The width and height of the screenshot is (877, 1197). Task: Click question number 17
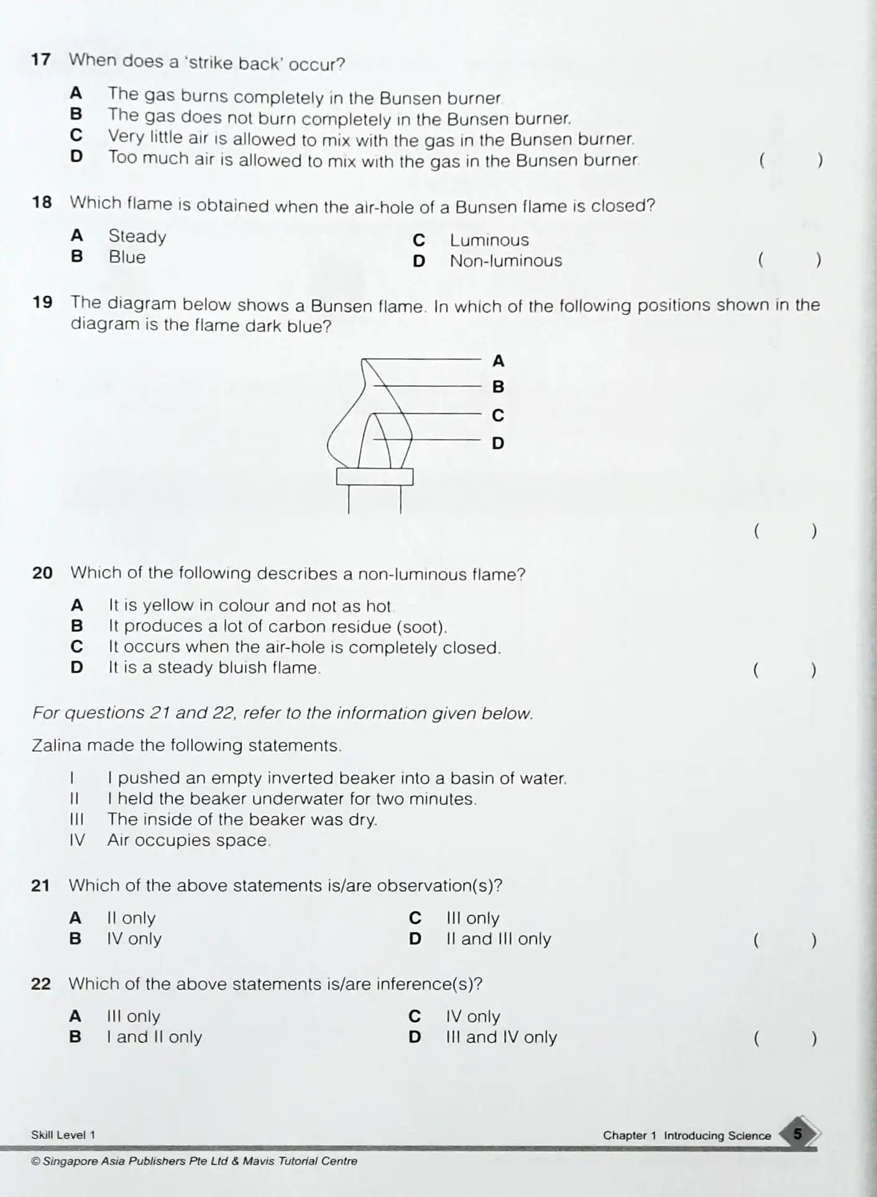coord(40,60)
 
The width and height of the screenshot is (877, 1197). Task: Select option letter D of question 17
coord(76,156)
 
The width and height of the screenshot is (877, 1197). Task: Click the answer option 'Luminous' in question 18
coord(489,240)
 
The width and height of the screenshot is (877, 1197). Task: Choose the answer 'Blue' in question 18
coord(127,257)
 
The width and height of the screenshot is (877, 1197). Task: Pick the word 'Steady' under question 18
coord(137,236)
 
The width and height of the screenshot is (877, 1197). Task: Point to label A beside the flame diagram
coord(498,361)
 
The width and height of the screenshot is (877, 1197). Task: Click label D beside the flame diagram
coord(498,443)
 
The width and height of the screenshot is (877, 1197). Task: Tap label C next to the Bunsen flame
coord(498,415)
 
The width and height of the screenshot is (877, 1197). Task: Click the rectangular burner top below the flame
coord(375,476)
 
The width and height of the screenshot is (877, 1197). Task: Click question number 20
coord(42,573)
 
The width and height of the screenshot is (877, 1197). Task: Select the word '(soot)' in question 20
coord(422,627)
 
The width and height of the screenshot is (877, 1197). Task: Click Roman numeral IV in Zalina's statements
coord(77,840)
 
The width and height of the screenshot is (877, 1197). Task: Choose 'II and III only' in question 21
coord(498,939)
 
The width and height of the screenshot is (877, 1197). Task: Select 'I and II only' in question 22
coord(154,1037)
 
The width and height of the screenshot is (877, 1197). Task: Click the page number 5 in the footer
coord(798,1134)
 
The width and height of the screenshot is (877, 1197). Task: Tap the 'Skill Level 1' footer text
coord(63,1135)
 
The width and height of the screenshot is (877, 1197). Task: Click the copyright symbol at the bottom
coord(35,1161)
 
